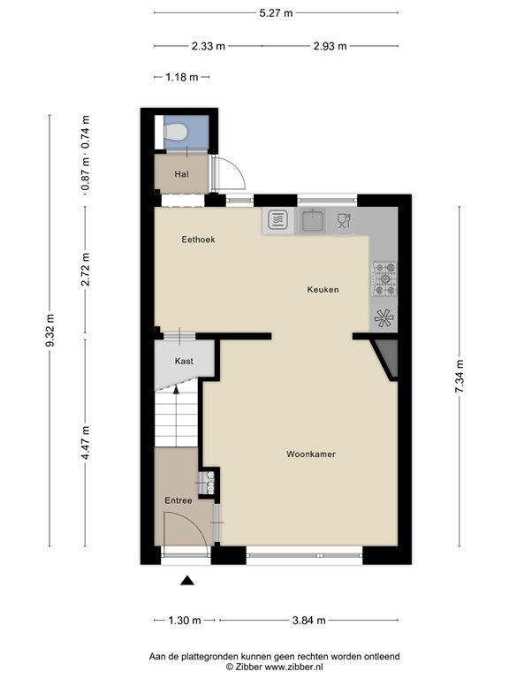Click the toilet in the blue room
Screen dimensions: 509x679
tap(175, 132)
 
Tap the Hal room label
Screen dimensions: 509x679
tap(181, 174)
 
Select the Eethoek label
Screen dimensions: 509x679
tap(198, 240)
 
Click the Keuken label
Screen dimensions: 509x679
tap(323, 290)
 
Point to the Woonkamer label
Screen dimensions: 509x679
tap(311, 454)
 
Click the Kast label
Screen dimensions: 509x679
tap(184, 361)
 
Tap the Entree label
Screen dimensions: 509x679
tap(179, 500)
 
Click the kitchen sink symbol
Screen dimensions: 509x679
tap(314, 220)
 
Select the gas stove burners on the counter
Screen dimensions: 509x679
tap(384, 278)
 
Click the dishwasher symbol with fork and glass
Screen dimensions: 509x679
tap(344, 220)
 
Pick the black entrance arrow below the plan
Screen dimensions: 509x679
tap(187, 580)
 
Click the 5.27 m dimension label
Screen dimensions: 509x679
tap(276, 13)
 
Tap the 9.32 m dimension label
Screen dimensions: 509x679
tap(49, 331)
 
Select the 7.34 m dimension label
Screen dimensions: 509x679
tap(460, 377)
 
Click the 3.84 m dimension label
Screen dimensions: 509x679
tap(309, 621)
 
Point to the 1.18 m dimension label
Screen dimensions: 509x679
tap(182, 77)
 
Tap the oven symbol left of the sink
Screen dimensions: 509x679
tap(277, 220)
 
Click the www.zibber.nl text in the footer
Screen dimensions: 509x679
tap(293, 667)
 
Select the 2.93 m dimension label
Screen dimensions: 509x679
tap(330, 46)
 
